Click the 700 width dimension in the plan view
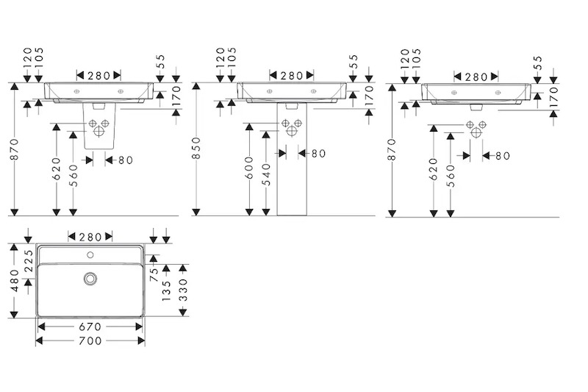click(x=90, y=341)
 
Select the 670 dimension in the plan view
click(x=90, y=326)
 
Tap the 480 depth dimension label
click(x=12, y=280)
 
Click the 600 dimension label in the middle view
click(x=250, y=169)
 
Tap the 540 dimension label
click(x=266, y=174)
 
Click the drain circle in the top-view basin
click(x=90, y=279)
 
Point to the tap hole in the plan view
click(x=90, y=256)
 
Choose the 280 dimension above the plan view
click(x=90, y=236)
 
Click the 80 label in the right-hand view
click(x=502, y=156)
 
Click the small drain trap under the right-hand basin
click(x=476, y=107)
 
